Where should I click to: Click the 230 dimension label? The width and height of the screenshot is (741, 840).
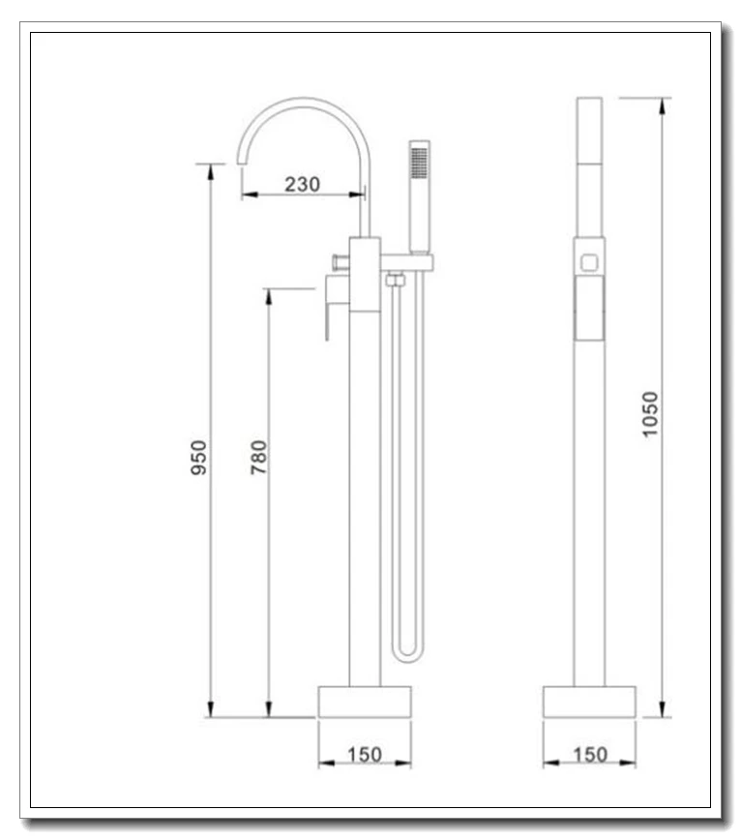[x=302, y=184]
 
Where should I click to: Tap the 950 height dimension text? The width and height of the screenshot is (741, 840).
[x=198, y=457]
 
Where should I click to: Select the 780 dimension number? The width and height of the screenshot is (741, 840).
[x=258, y=457]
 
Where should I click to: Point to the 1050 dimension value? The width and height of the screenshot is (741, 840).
[x=649, y=414]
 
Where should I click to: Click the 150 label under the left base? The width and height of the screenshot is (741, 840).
[x=365, y=755]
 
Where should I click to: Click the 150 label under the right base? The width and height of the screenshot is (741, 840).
[x=590, y=755]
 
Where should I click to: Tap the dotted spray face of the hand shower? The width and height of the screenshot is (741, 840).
[x=419, y=163]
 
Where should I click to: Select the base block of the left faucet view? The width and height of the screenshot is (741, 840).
[x=365, y=702]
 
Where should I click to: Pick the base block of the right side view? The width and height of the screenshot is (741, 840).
[x=589, y=702]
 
